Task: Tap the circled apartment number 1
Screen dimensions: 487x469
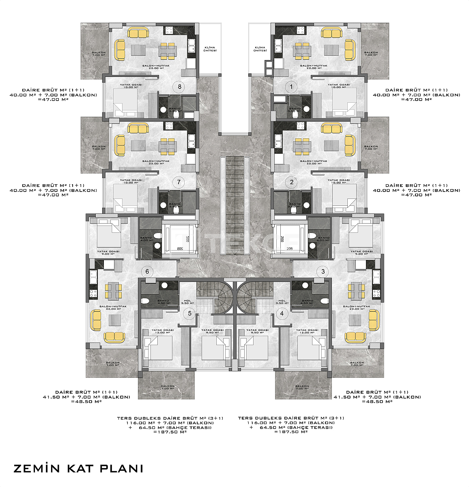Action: pyautogui.click(x=290, y=86)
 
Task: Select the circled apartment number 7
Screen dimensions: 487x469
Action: pyautogui.click(x=179, y=182)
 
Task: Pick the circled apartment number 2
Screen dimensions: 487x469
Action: pyautogui.click(x=291, y=182)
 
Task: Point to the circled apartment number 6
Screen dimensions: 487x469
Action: pyautogui.click(x=147, y=272)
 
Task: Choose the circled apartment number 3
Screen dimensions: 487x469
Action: pyautogui.click(x=323, y=272)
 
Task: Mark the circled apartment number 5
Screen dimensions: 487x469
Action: pyautogui.click(x=189, y=313)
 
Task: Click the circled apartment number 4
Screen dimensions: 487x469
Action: pyautogui.click(x=282, y=313)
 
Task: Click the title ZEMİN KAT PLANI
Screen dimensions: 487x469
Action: pyautogui.click(x=78, y=468)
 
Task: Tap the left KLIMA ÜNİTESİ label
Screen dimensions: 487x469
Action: pyautogui.click(x=210, y=49)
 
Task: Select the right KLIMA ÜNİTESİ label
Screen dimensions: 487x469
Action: pyautogui.click(x=260, y=49)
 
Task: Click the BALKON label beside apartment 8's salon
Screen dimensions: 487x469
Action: pyautogui.click(x=99, y=53)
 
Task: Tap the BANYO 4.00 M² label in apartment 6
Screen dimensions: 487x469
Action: pyautogui.click(x=146, y=239)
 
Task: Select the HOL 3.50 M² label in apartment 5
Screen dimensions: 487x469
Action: pyautogui.click(x=187, y=302)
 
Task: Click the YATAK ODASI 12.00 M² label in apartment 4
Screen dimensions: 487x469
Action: pyautogui.click(x=307, y=331)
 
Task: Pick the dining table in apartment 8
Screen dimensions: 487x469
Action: pyautogui.click(x=168, y=51)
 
